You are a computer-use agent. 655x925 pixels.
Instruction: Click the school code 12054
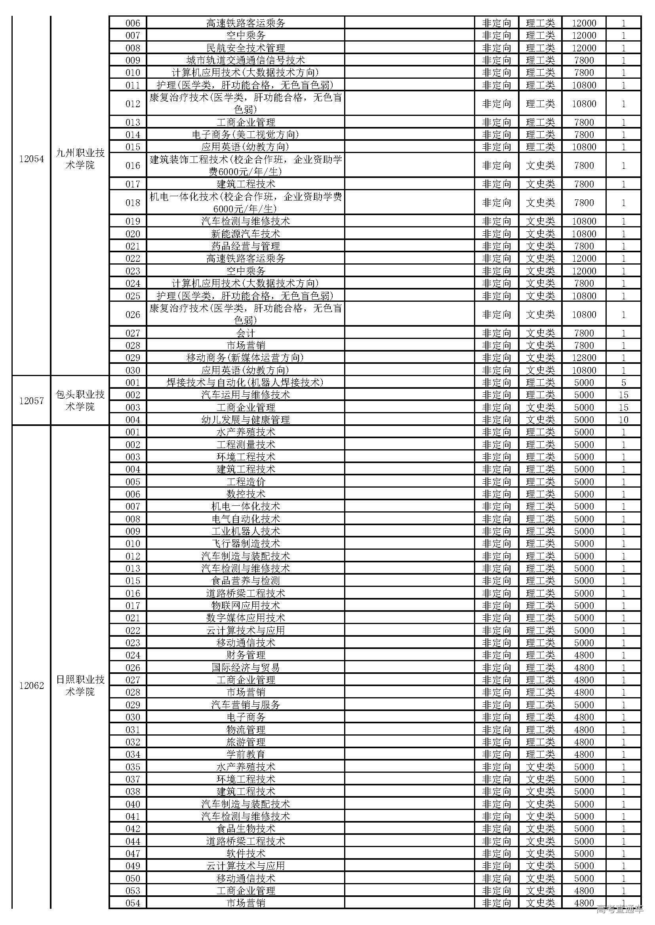[x=31, y=159]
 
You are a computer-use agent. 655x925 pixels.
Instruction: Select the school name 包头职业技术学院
[x=80, y=401]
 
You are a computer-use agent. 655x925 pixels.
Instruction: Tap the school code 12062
[x=31, y=686]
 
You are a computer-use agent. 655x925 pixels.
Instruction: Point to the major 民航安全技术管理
[x=246, y=48]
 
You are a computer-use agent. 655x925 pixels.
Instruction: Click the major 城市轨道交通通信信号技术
[x=246, y=61]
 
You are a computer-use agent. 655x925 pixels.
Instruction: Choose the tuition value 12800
[x=584, y=358]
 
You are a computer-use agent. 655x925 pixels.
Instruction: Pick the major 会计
[x=246, y=333]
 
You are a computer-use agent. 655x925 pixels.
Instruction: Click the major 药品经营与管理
[x=246, y=246]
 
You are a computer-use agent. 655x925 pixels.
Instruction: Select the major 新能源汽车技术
[x=246, y=234]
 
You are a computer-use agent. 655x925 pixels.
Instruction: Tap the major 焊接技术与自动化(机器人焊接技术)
[x=246, y=383]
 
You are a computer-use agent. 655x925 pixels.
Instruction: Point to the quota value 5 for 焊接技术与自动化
[x=623, y=383]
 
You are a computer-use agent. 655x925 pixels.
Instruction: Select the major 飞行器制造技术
[x=246, y=544]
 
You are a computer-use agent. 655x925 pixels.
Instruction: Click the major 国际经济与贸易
[x=246, y=668]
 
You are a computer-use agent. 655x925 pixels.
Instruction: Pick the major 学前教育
[x=246, y=755]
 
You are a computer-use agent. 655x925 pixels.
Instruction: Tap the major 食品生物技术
[x=246, y=829]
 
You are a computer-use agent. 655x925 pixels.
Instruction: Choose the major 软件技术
[x=246, y=854]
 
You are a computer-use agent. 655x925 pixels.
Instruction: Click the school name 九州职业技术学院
[x=80, y=159]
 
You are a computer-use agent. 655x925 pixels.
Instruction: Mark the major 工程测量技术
[x=246, y=445]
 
